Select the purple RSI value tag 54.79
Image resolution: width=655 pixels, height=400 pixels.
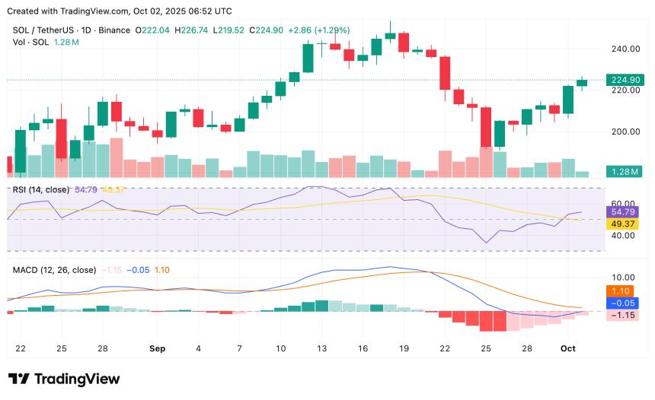click(623, 212)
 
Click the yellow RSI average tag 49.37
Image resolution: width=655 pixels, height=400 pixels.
click(623, 224)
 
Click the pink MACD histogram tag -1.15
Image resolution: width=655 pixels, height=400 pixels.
click(623, 315)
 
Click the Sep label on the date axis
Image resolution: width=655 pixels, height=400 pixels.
click(157, 348)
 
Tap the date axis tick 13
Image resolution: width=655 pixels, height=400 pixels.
click(321, 348)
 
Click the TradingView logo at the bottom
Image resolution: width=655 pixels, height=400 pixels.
click(64, 379)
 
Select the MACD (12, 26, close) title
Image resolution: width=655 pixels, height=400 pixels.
click(54, 270)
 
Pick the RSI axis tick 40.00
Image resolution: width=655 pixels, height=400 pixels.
click(623, 236)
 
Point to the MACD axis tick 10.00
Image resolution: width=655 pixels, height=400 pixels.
click(623, 278)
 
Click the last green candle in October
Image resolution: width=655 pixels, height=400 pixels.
click(582, 82)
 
